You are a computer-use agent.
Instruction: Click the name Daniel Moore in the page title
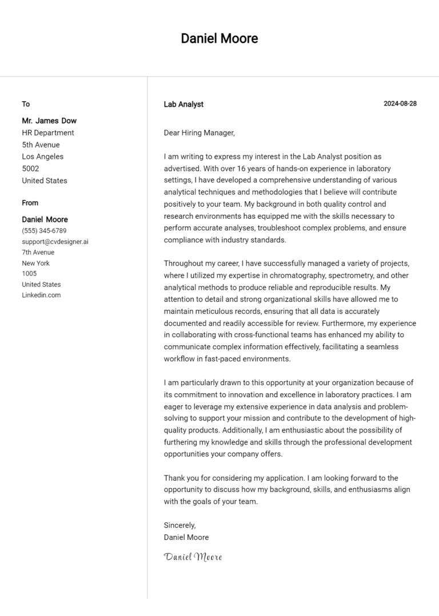pyautogui.click(x=219, y=39)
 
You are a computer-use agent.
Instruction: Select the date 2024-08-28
pyautogui.click(x=400, y=103)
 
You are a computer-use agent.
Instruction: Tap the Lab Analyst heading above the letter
pyautogui.click(x=183, y=104)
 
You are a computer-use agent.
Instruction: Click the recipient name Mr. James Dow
pyautogui.click(x=49, y=121)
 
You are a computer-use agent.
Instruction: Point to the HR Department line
pyautogui.click(x=48, y=133)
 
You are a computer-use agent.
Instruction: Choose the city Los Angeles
pyautogui.click(x=43, y=157)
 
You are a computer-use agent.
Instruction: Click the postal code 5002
pyautogui.click(x=30, y=169)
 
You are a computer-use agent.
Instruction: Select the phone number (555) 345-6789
pyautogui.click(x=44, y=231)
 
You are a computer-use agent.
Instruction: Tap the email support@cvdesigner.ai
pyautogui.click(x=55, y=242)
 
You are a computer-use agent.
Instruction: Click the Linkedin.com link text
pyautogui.click(x=41, y=295)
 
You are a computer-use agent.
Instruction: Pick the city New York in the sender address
pyautogui.click(x=35, y=263)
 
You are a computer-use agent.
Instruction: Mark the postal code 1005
pyautogui.click(x=29, y=274)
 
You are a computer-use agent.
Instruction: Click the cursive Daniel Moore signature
pyautogui.click(x=193, y=557)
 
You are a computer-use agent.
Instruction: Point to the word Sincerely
pyautogui.click(x=179, y=525)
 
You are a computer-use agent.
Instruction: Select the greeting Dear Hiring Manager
pyautogui.click(x=199, y=133)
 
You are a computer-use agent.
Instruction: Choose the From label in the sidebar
pyautogui.click(x=30, y=203)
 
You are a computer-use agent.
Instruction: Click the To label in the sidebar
pyautogui.click(x=26, y=104)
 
